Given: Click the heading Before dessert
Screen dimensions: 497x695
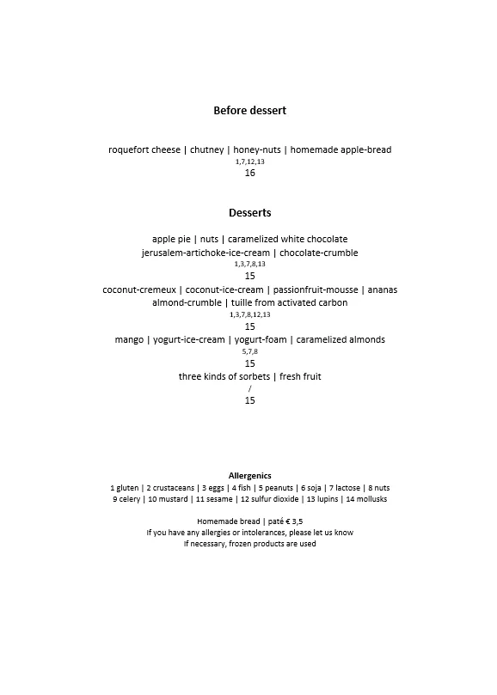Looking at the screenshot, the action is point(249,111).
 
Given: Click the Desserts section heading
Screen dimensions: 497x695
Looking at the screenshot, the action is point(249,213).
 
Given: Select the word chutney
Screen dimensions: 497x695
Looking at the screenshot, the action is point(206,149).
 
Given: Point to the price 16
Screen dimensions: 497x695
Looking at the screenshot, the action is point(249,173).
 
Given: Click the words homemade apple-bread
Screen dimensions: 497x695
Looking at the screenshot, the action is point(341,149).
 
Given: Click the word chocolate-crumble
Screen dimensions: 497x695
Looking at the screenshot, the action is point(318,253).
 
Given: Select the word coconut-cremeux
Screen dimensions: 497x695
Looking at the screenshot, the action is point(139,290).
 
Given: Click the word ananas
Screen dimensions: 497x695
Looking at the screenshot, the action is point(380,290).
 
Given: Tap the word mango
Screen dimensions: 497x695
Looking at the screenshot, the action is point(129,339).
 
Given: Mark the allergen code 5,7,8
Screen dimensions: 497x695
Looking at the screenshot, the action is point(249,351).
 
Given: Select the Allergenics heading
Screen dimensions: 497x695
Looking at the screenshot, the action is point(249,475).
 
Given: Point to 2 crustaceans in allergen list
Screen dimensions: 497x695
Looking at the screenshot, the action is point(172,487).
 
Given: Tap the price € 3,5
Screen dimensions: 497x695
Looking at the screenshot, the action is point(292,521).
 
